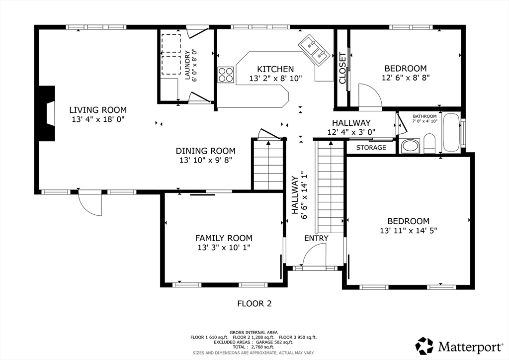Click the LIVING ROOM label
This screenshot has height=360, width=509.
(98, 110)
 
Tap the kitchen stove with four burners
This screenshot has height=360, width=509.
(226, 75)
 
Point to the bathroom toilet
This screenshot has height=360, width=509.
(429, 143)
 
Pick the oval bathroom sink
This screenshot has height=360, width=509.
(410, 146)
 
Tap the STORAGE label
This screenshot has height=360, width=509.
(371, 148)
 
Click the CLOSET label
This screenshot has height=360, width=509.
(342, 68)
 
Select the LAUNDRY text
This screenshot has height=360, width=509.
(187, 65)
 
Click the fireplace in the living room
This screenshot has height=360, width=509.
(46, 113)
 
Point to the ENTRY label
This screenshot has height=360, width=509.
(316, 238)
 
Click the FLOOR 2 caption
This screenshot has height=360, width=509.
(254, 303)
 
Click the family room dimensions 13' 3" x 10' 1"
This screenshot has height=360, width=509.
(224, 248)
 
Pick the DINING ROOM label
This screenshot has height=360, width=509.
(205, 151)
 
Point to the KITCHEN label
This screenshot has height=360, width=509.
(275, 69)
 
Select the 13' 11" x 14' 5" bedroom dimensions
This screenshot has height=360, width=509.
(409, 231)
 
